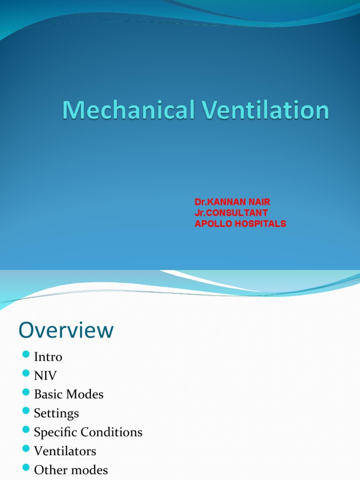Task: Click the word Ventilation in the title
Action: (266, 111)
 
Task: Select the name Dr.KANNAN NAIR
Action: (232, 202)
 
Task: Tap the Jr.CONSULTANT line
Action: (231, 213)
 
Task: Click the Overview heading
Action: (66, 330)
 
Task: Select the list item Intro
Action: (48, 357)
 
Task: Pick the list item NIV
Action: (45, 375)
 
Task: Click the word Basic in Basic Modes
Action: (49, 394)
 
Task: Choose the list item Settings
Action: (56, 413)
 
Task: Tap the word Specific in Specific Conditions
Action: (55, 432)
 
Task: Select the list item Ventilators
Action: (65, 451)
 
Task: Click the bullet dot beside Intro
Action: (26, 354)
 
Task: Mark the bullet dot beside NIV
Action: (26, 373)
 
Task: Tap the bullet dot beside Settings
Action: (26, 411)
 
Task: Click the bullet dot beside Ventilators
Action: (26, 449)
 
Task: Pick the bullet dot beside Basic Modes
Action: (26, 392)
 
